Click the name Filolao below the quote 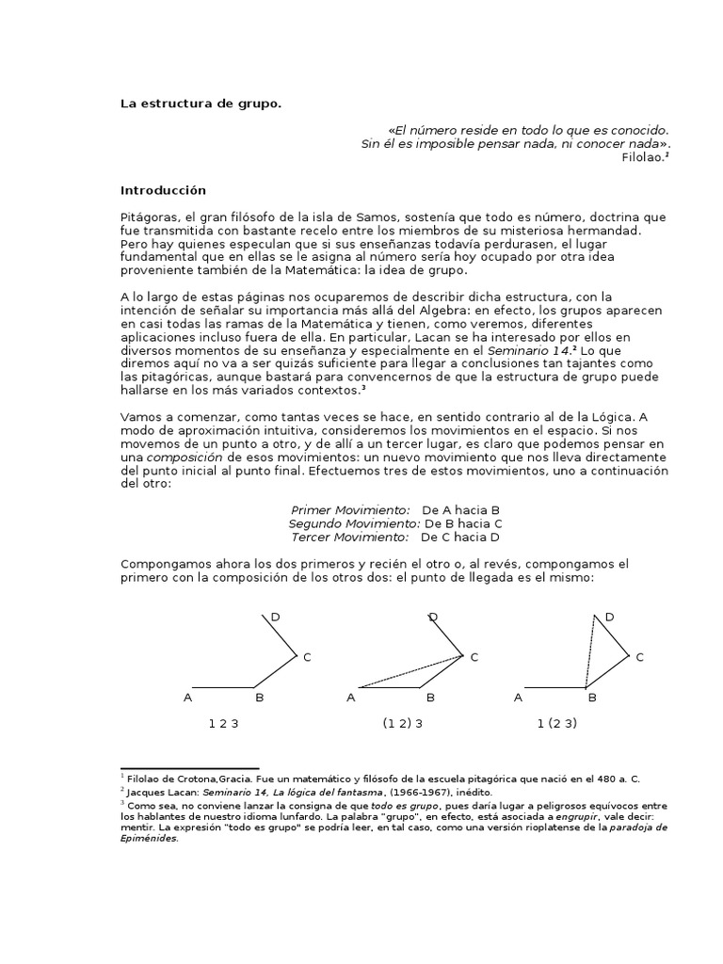[x=642, y=159]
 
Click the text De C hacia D [x=460, y=537]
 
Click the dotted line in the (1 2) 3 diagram [x=411, y=671]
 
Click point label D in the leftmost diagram [x=275, y=617]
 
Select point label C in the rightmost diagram [x=640, y=657]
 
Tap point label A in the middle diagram [x=351, y=698]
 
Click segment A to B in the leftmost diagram [x=223, y=686]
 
